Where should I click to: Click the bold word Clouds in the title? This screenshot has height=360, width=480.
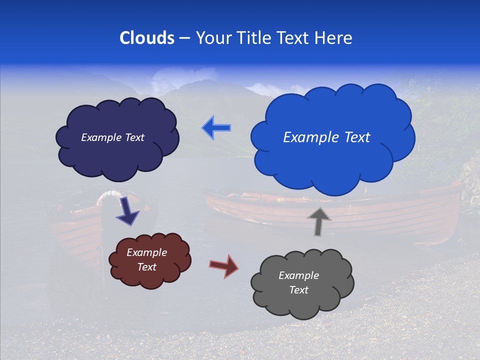point(147,38)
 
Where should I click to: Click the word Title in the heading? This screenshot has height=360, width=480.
point(254,38)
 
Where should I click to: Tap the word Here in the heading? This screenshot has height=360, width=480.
point(334,38)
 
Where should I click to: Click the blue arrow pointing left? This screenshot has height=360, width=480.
point(216,128)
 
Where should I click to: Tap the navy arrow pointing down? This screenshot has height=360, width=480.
point(127,212)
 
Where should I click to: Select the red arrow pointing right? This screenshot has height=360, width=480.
point(224,265)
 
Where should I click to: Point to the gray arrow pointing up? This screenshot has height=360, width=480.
point(319,221)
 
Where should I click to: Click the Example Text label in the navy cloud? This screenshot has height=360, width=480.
point(112,137)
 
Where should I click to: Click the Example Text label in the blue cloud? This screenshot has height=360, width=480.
point(326,137)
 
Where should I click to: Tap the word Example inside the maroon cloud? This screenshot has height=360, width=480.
point(146,252)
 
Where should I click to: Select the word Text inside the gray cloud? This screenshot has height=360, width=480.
point(298,290)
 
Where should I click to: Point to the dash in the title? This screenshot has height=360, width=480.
point(184,38)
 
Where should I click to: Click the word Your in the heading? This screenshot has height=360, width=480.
point(213,38)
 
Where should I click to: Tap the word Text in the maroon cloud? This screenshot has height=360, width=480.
point(146,267)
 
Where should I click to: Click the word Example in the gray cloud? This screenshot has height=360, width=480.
point(298,275)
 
